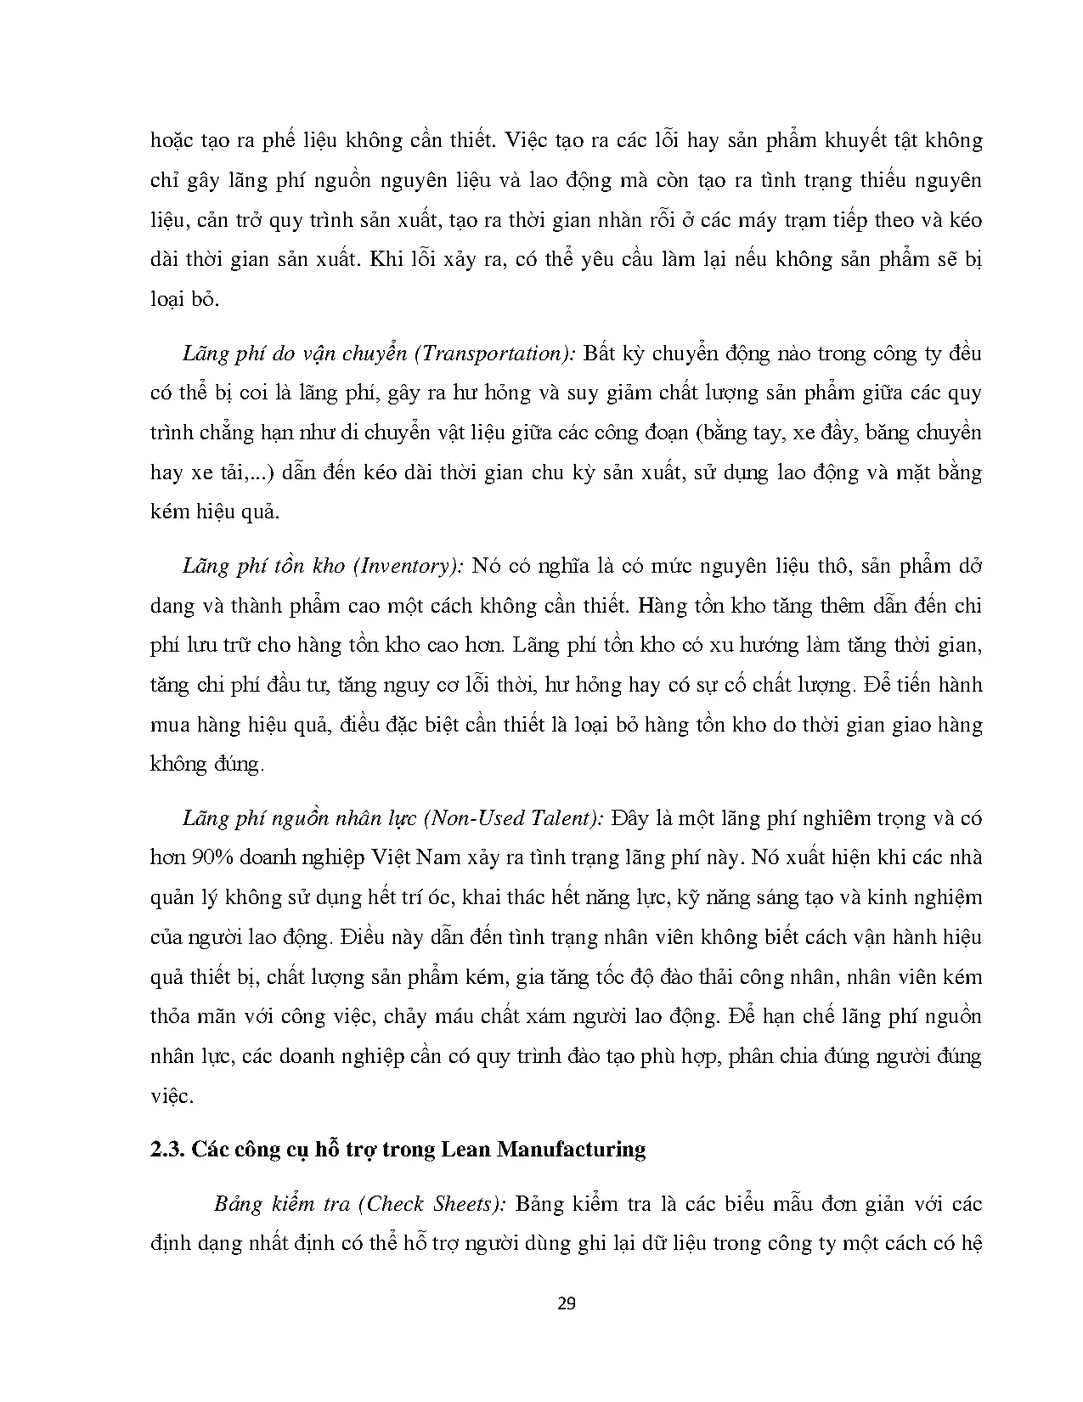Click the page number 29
[x=567, y=1303]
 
